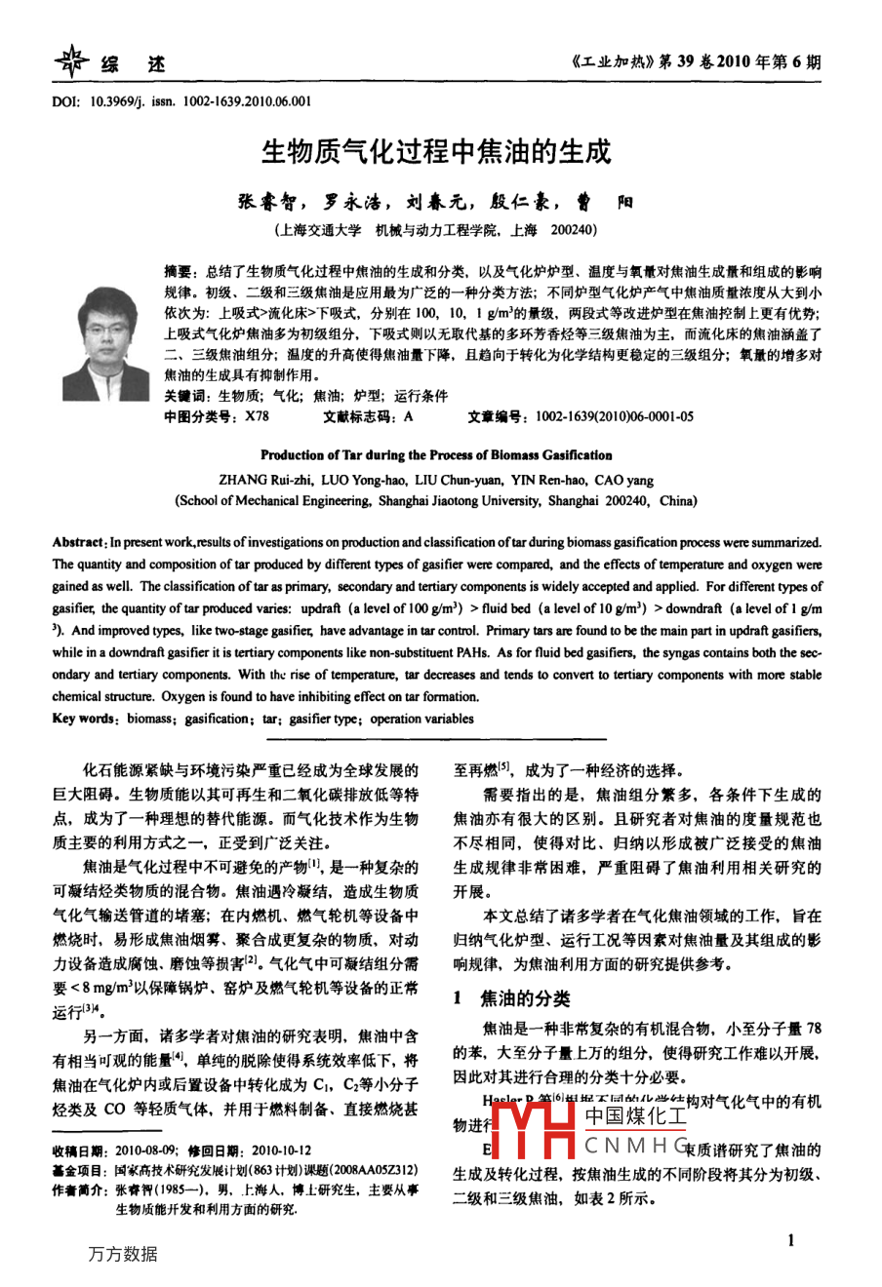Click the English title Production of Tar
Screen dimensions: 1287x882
[x=436, y=455]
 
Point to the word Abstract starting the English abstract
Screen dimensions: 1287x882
[x=78, y=542]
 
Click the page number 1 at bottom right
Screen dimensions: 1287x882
[x=790, y=1240]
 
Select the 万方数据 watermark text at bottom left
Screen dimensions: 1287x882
[x=122, y=1254]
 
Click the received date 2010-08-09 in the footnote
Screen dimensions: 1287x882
[x=145, y=1150]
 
